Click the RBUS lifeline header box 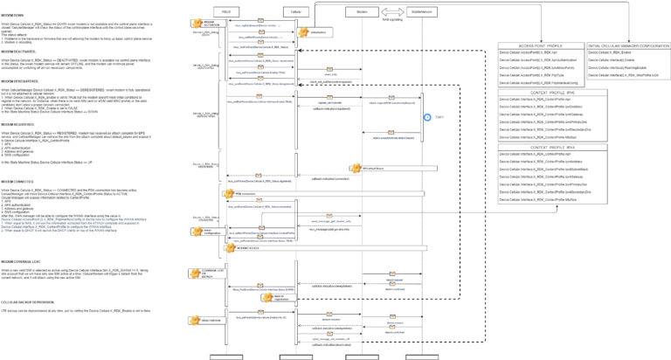[226, 10]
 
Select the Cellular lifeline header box [295, 10]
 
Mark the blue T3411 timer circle [427, 116]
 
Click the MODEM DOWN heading [13, 15]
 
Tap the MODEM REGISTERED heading [20, 124]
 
